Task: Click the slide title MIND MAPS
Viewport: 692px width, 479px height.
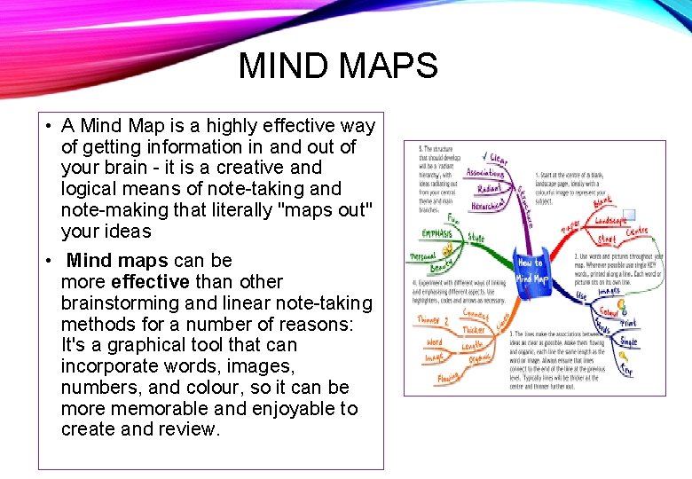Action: [x=338, y=67]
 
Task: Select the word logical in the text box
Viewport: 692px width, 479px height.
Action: [x=88, y=189]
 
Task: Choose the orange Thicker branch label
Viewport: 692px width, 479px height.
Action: [x=472, y=331]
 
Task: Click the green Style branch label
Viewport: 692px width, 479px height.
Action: [x=476, y=239]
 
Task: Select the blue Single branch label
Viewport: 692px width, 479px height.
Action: [x=628, y=342]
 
